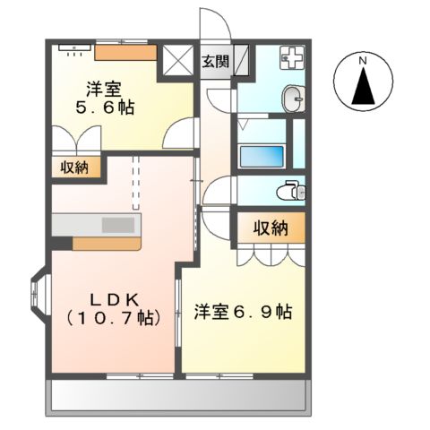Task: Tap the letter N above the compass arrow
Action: [363, 60]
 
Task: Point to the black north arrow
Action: [363, 88]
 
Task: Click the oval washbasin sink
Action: [293, 96]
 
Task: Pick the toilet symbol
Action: [289, 190]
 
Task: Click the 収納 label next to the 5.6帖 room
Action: [75, 168]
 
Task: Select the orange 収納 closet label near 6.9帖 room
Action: [270, 228]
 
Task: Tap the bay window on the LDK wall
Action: [39, 293]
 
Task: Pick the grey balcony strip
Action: [178, 394]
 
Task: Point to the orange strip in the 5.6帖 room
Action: [125, 51]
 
